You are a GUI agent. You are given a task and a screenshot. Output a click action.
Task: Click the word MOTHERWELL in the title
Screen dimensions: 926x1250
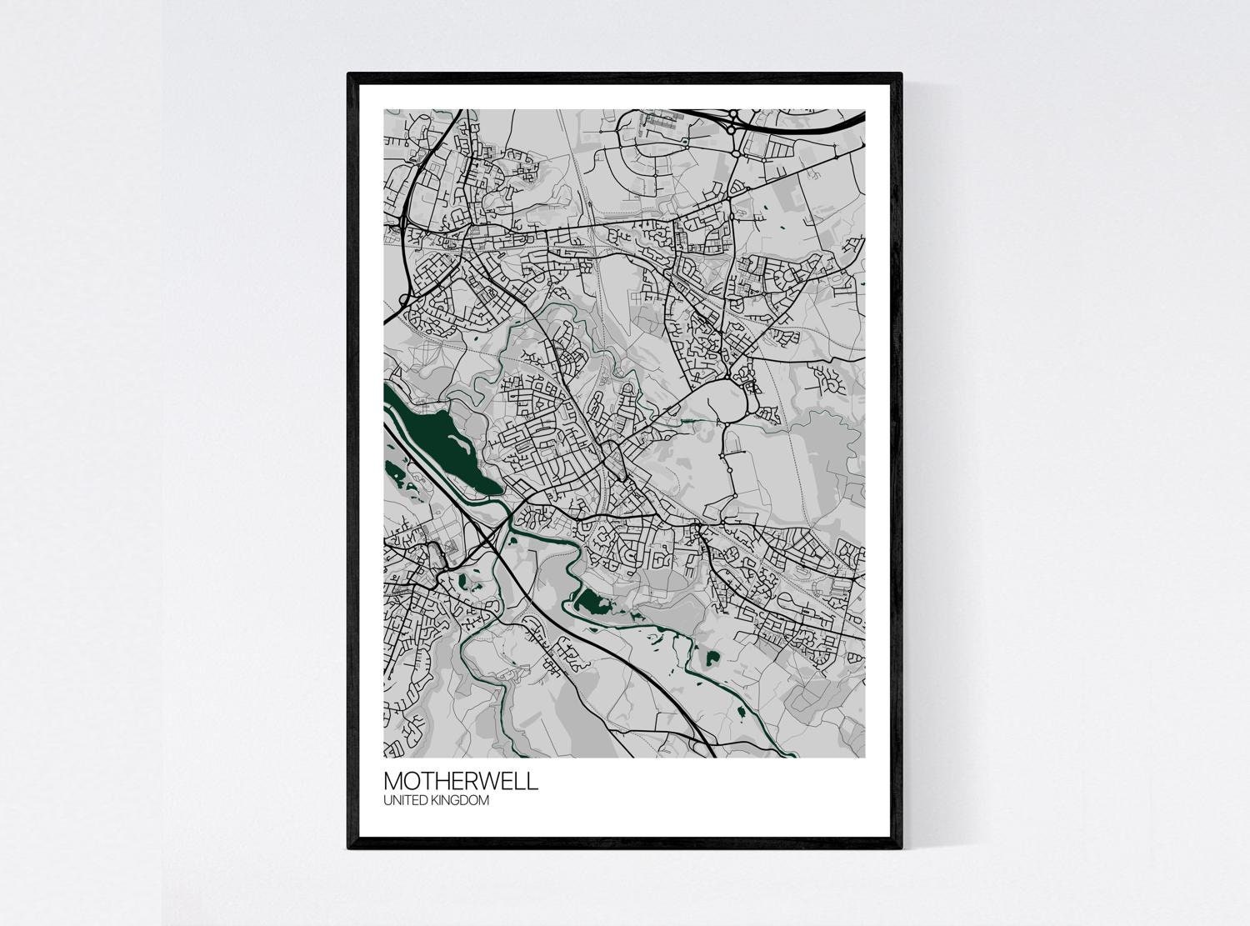[460, 782]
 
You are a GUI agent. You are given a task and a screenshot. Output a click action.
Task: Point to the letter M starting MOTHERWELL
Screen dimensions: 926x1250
[393, 782]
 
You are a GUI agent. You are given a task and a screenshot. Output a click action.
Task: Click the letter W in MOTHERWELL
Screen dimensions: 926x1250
[489, 782]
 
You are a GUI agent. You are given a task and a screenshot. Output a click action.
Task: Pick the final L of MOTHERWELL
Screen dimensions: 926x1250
[533, 782]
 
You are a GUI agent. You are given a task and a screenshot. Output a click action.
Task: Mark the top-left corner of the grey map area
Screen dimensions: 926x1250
[384, 110]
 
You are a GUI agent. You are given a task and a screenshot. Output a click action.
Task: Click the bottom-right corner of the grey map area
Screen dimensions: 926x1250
[864, 757]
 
